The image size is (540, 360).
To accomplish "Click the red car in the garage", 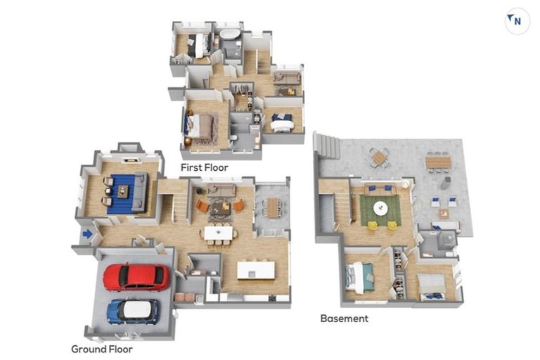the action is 136,277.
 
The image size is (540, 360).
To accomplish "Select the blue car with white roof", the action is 133,311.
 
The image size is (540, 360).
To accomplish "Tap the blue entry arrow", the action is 87,234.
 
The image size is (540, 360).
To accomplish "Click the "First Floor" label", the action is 205,168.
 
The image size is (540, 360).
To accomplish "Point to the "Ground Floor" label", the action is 102,349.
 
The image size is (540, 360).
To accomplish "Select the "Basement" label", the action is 344,319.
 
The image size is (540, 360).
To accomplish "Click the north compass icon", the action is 517,21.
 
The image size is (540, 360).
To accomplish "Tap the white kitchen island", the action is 256,271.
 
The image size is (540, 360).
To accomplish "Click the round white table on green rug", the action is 380,208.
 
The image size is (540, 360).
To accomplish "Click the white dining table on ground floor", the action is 219,233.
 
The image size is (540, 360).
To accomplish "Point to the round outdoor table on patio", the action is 379,157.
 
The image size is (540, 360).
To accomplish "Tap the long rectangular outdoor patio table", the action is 438,161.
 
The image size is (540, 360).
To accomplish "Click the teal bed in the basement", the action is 361,277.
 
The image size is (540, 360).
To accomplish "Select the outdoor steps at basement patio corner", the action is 327,146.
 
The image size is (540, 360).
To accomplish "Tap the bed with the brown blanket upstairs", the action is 200,126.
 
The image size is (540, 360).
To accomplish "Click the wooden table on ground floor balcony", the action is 272,207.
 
